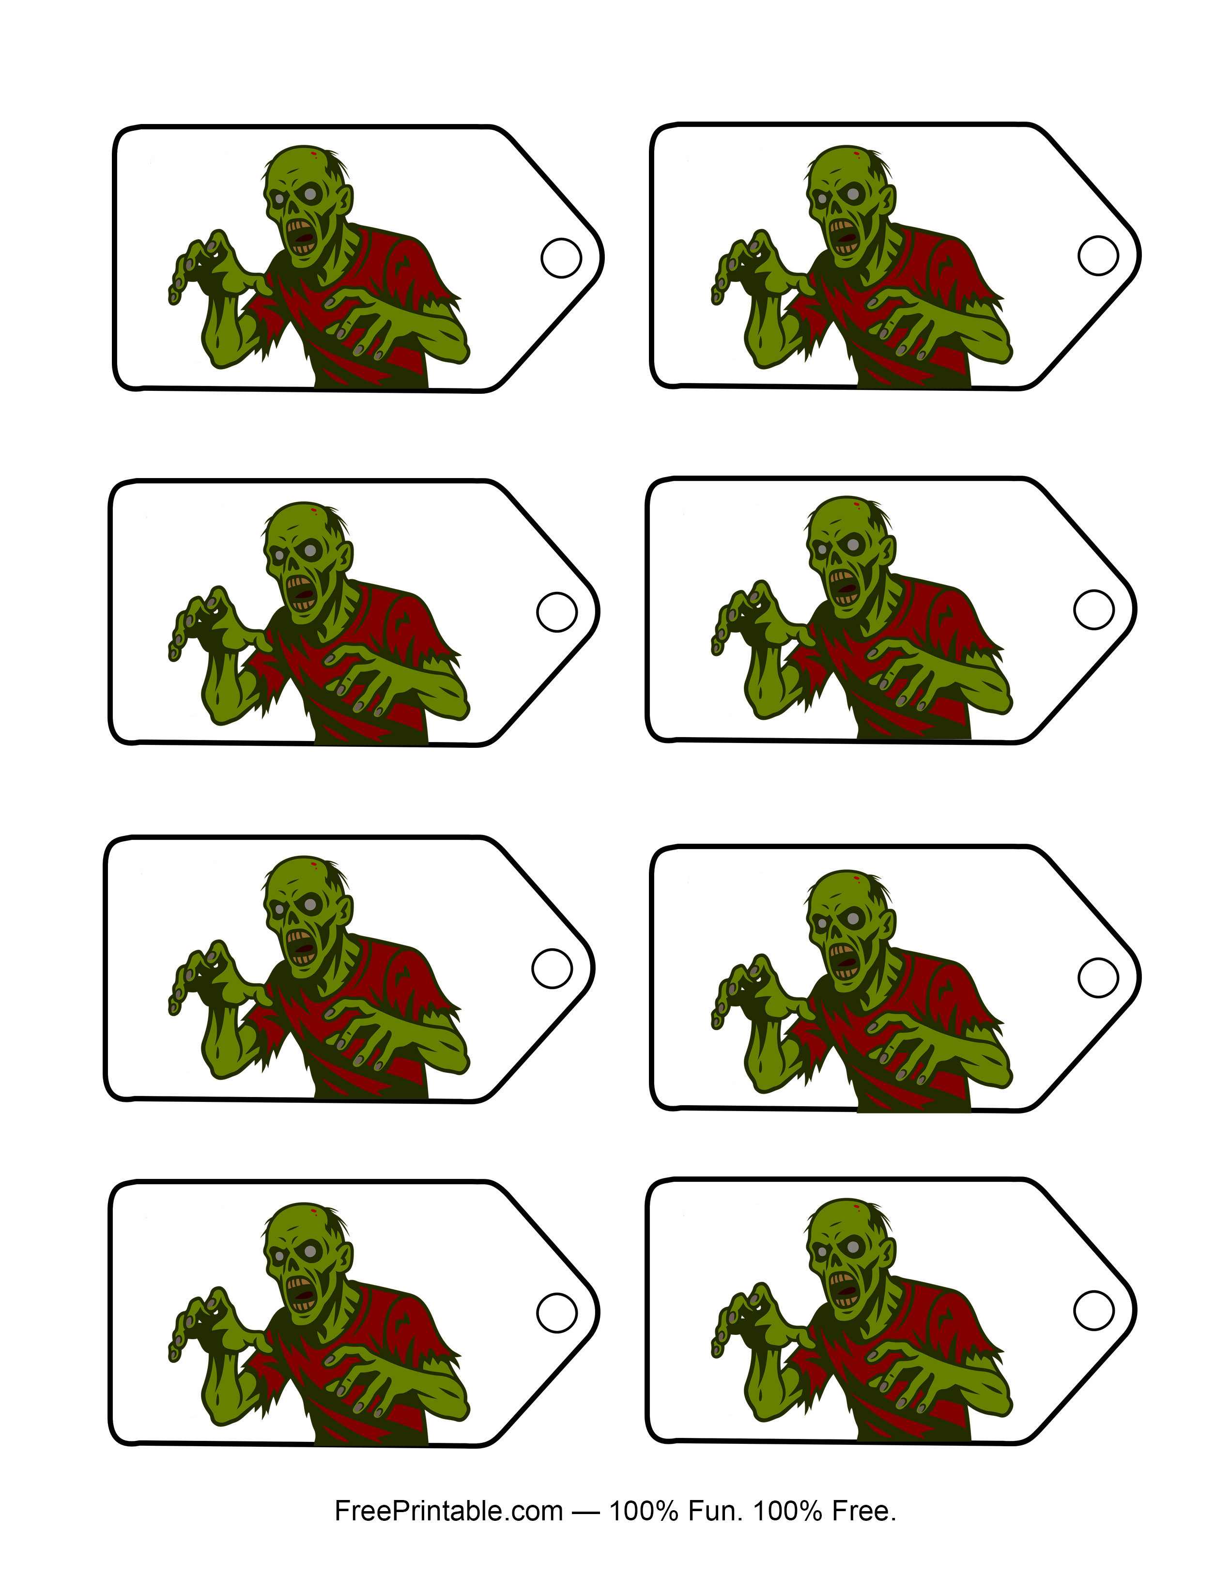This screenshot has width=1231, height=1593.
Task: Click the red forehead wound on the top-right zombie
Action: [x=856, y=155]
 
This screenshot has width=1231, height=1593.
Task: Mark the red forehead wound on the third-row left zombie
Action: [x=314, y=865]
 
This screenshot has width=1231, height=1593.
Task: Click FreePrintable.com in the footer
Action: [x=448, y=1511]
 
